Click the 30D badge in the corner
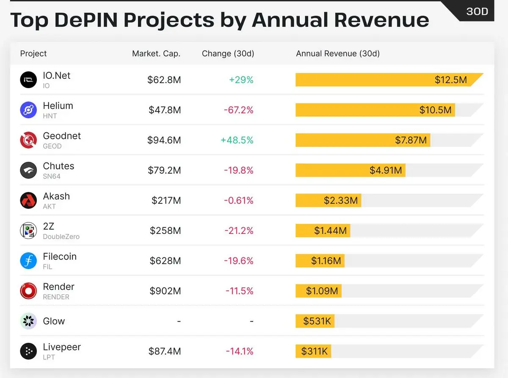coord(478,11)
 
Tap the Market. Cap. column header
coord(156,53)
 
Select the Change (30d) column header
coord(228,53)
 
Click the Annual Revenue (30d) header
coord(338,53)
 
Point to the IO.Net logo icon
coord(28,80)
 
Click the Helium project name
coord(58,106)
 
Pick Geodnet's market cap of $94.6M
coord(164,140)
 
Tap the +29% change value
coord(241,80)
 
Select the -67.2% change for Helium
coord(239,110)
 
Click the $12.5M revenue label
coord(451,80)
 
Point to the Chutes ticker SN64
coord(52,176)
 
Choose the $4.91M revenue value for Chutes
coord(386,170)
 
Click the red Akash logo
coord(28,200)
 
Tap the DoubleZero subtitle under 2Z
coord(61,236)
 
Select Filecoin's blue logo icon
coord(28,261)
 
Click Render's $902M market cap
coord(165,291)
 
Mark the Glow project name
coord(54,321)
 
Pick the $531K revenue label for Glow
coord(317,321)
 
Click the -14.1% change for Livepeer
coord(240,351)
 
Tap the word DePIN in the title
coord(86,20)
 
